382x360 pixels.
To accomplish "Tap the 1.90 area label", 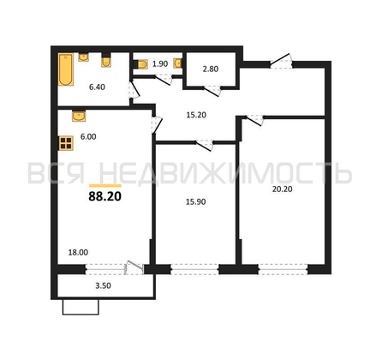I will [x=158, y=63].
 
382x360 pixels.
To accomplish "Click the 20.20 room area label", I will [x=283, y=194].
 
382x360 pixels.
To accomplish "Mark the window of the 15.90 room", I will [x=194, y=268].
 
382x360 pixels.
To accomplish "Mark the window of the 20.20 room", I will [x=282, y=268].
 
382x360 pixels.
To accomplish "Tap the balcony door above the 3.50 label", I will [x=130, y=267].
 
